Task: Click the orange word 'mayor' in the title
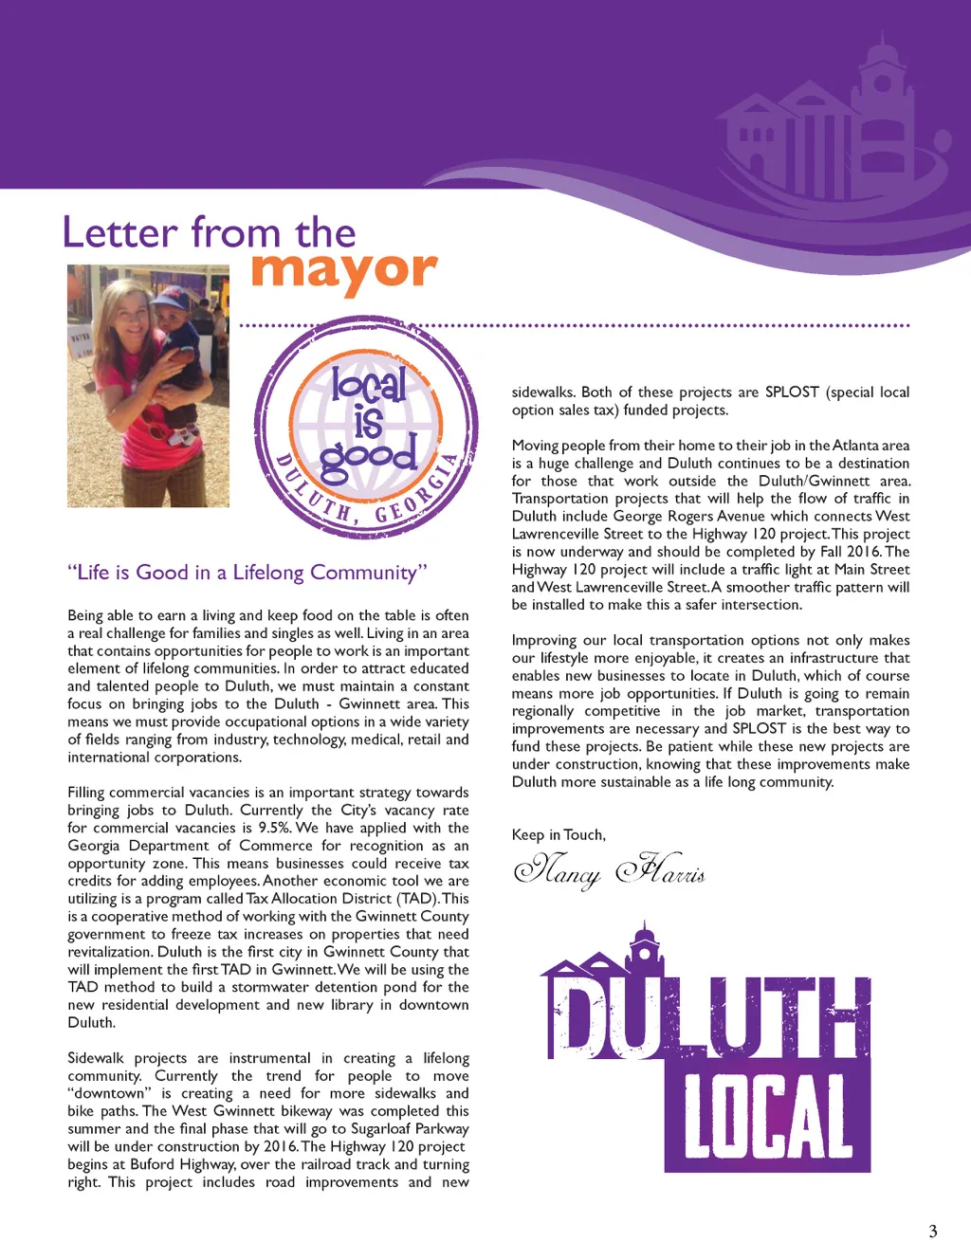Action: [x=343, y=271]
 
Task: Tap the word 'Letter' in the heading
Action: [x=120, y=232]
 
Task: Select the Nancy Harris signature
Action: [x=609, y=870]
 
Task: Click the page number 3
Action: [x=932, y=1232]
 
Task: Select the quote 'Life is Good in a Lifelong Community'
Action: [x=247, y=573]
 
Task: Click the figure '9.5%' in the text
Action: [x=274, y=828]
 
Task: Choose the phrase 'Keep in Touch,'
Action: [x=559, y=835]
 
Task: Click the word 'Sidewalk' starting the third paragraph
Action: [x=96, y=1058]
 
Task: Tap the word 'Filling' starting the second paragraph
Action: [x=86, y=793]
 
